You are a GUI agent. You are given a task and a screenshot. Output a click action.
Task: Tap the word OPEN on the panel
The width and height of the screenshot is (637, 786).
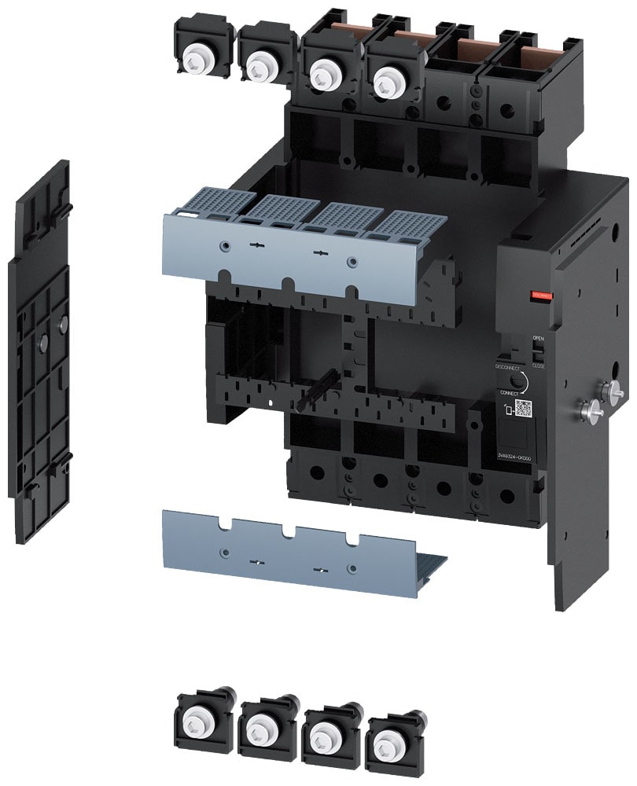click(538, 339)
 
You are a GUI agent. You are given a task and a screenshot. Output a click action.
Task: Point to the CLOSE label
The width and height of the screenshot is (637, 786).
click(539, 365)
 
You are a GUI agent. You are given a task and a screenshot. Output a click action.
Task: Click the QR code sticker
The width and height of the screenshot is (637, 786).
click(524, 408)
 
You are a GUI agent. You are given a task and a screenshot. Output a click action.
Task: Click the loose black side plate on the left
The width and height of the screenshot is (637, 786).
click(39, 354)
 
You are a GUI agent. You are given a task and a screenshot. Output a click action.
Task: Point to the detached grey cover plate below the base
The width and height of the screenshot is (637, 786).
click(291, 546)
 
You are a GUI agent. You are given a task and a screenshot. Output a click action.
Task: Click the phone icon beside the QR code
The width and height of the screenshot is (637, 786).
click(510, 410)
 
